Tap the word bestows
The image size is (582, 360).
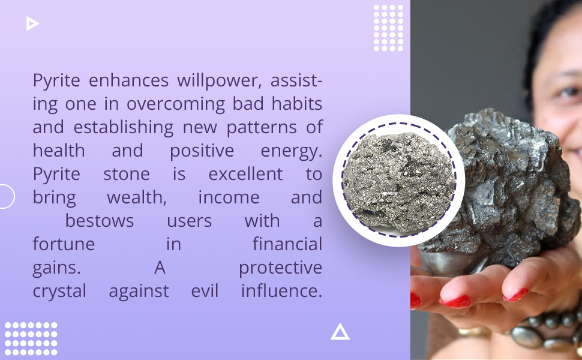click(100, 221)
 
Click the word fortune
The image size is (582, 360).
click(64, 244)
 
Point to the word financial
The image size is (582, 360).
click(287, 244)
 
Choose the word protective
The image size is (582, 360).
click(280, 268)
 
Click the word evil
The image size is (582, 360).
click(205, 291)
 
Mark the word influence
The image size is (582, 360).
click(281, 291)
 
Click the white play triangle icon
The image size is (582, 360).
click(32, 23)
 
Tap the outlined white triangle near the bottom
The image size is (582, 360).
click(340, 331)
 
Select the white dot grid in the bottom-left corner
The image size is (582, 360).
click(31, 338)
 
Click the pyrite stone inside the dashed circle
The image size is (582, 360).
click(398, 180)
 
